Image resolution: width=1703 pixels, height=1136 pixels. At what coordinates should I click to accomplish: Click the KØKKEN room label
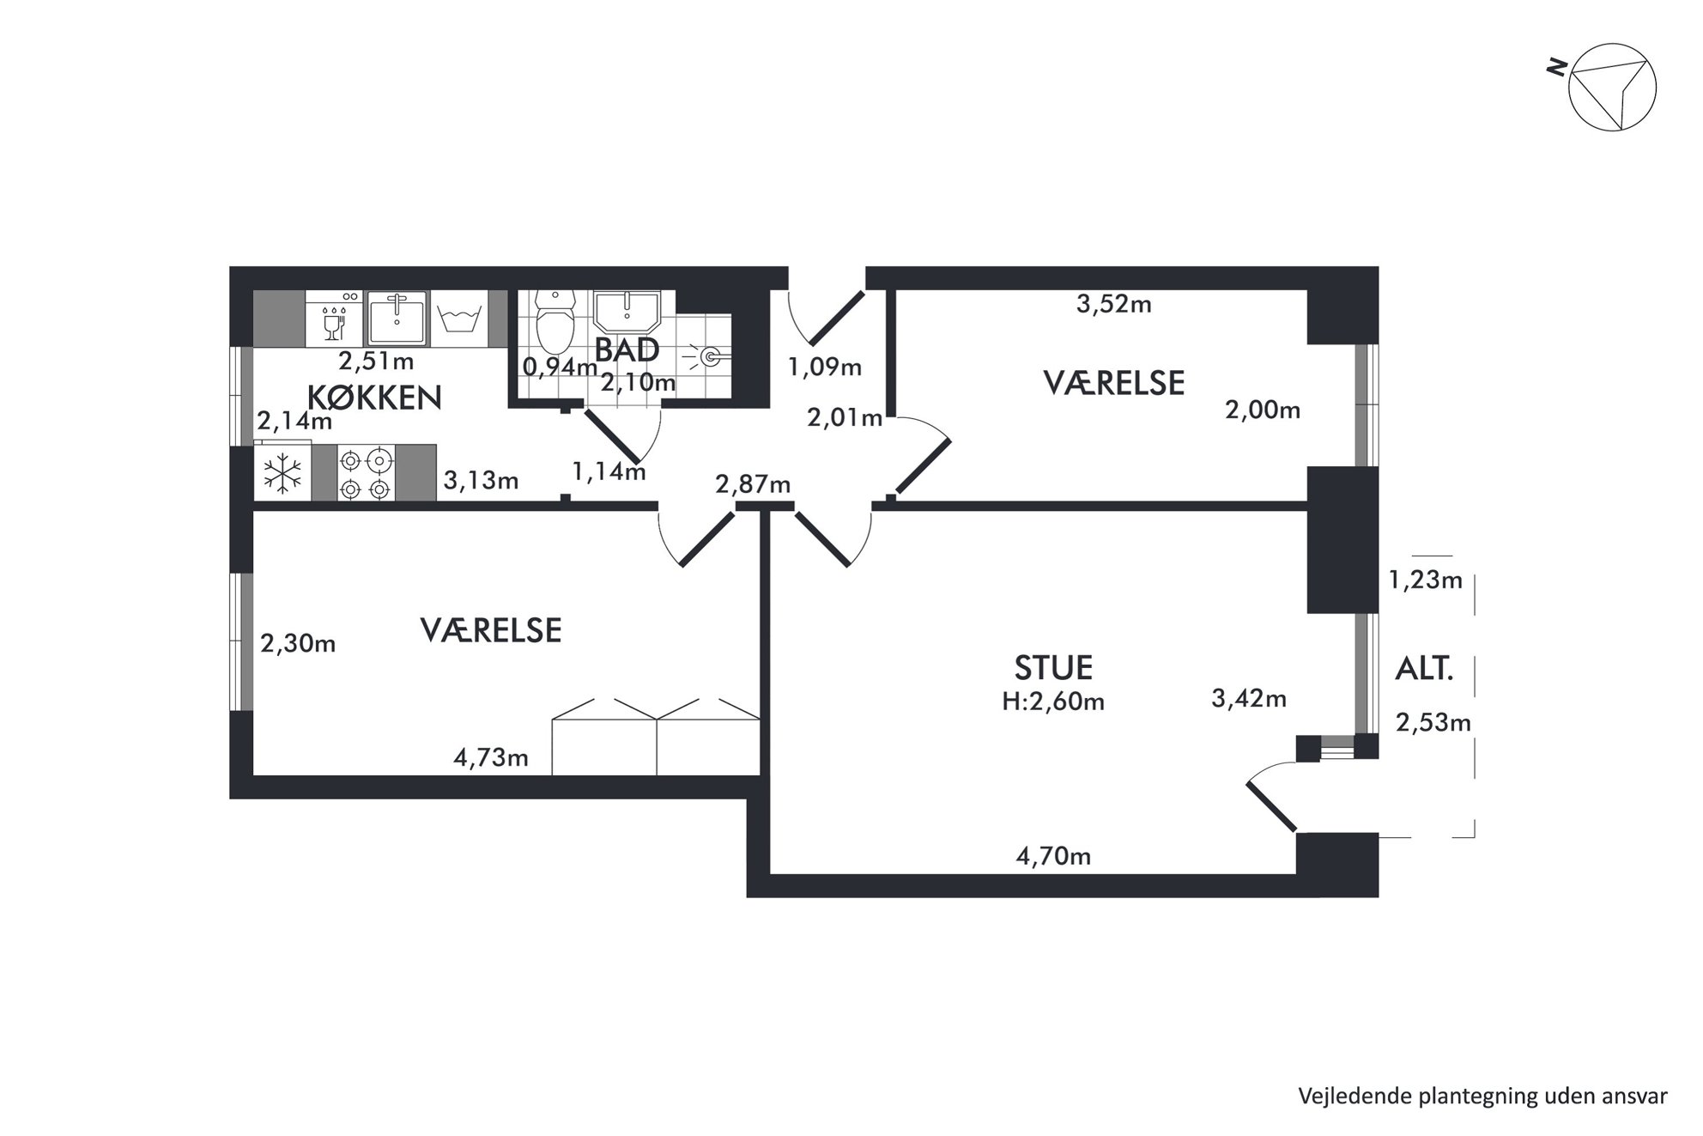[374, 398]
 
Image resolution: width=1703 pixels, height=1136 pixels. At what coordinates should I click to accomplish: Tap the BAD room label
[627, 350]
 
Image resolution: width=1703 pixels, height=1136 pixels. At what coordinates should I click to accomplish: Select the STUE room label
[1053, 667]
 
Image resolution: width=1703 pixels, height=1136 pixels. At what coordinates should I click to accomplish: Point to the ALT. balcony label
[1424, 669]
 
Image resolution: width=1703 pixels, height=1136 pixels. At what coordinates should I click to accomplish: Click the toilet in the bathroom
[555, 321]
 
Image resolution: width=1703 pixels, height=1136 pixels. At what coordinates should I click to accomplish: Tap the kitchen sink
[397, 318]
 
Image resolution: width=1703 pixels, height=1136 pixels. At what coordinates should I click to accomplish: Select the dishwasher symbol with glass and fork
[334, 318]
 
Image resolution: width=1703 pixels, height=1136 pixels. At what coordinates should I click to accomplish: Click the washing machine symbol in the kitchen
[458, 318]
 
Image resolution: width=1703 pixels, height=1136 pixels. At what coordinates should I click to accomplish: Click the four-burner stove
[367, 473]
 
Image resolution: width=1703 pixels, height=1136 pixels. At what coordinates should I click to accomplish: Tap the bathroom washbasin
[627, 311]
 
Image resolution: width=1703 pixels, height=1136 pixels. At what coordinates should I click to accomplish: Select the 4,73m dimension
[491, 758]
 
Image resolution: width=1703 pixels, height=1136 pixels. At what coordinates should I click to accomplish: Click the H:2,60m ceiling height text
[1053, 702]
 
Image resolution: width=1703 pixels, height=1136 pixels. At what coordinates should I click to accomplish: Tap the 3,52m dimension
[1114, 304]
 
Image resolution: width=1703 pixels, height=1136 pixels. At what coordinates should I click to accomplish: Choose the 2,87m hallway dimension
[753, 484]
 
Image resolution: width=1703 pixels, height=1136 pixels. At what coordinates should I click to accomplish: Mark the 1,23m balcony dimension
[1426, 580]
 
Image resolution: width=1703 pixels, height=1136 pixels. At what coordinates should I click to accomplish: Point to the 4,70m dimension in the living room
[1053, 856]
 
